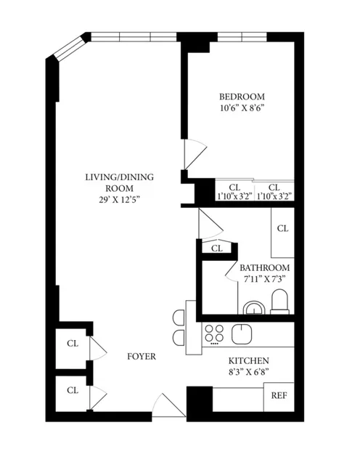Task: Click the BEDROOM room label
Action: point(242,97)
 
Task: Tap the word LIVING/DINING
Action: point(119,177)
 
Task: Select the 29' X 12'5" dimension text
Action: point(119,199)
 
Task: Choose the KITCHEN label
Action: point(249,361)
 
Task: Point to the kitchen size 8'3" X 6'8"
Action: point(249,373)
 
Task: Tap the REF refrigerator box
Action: point(278,396)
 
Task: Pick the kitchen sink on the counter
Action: point(242,333)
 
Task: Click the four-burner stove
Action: point(214,333)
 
